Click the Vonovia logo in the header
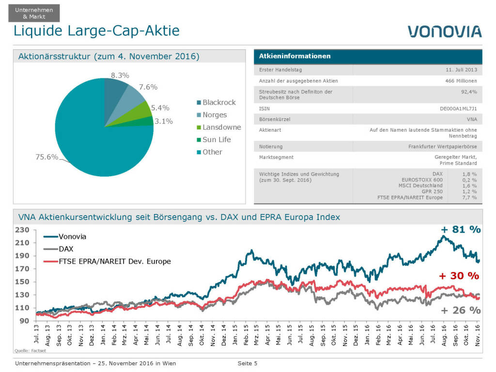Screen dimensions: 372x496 pyautogui.click(x=444, y=31)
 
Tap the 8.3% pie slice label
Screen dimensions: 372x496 pyautogui.click(x=120, y=75)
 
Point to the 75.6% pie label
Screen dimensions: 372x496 pyautogui.click(x=46, y=157)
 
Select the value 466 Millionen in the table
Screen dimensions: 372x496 pyautogui.click(x=461, y=81)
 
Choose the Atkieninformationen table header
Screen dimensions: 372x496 pyautogui.click(x=294, y=56)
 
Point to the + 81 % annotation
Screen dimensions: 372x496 pyautogui.click(x=460, y=230)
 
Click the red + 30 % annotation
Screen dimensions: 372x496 pyautogui.click(x=459, y=276)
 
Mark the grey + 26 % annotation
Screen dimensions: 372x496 pyautogui.click(x=460, y=310)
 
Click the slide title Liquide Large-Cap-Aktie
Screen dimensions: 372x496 pyautogui.click(x=96, y=31)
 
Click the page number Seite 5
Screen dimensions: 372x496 pyautogui.click(x=247, y=363)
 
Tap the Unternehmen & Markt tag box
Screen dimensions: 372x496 pyautogui.click(x=34, y=14)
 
